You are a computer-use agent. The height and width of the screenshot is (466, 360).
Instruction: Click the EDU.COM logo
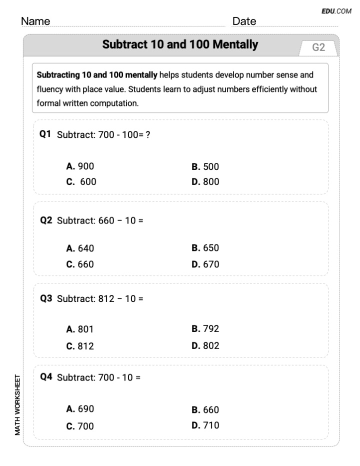[x=336, y=10]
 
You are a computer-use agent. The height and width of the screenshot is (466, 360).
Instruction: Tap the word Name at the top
[x=35, y=21]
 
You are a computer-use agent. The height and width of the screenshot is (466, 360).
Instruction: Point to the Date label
[x=244, y=21]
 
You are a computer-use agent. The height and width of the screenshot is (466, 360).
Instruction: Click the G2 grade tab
[x=318, y=47]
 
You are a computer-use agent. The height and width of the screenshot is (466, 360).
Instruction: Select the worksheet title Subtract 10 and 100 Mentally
[x=180, y=44]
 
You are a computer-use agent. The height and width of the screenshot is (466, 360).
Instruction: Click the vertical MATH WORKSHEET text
[x=18, y=405]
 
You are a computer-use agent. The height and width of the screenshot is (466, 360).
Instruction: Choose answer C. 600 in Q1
[x=81, y=182]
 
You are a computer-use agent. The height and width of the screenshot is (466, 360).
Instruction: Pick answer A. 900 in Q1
[x=80, y=166]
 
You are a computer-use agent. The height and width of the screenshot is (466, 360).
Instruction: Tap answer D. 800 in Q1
[x=205, y=182]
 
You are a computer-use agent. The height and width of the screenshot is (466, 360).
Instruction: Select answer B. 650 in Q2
[x=205, y=248]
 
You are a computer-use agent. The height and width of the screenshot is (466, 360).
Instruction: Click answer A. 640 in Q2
[x=80, y=248]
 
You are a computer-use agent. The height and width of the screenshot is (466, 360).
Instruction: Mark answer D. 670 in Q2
[x=205, y=264]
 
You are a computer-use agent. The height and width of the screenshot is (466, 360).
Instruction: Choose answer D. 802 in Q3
[x=205, y=345]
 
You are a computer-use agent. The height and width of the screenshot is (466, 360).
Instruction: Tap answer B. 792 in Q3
[x=205, y=329]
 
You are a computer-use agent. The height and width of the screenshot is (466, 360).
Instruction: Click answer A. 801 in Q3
[x=80, y=329]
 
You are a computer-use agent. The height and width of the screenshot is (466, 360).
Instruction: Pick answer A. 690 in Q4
[x=80, y=409]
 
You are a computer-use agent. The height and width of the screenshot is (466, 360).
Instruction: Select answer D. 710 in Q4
[x=205, y=425]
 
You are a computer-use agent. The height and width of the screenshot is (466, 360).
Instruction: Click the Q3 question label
[x=46, y=298]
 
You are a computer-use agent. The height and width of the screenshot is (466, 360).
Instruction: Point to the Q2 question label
[x=46, y=220]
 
